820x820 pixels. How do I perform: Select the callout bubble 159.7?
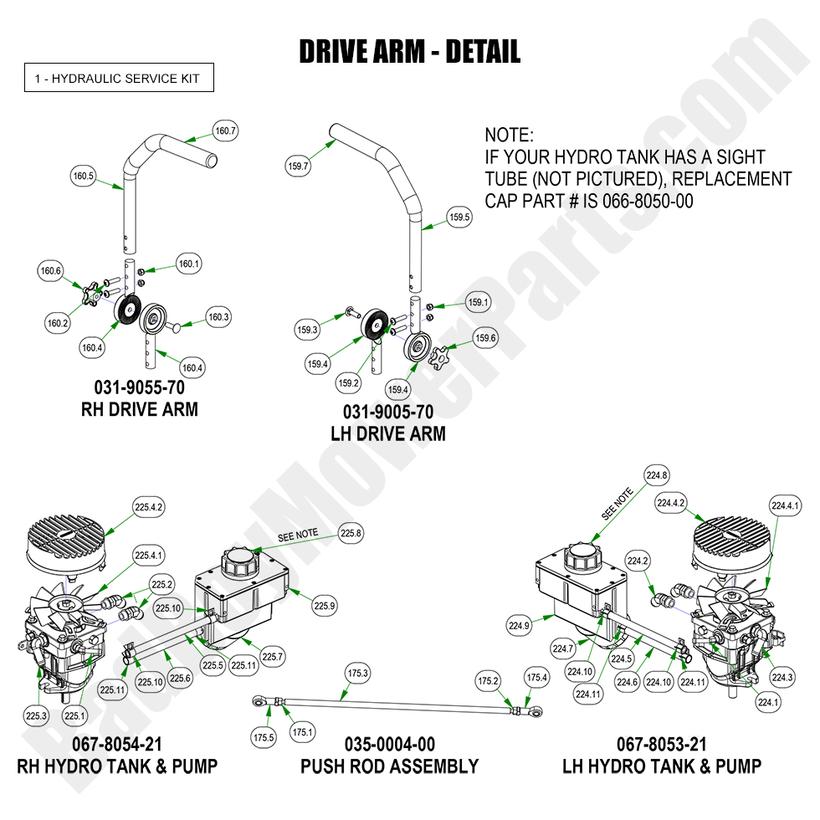(298, 167)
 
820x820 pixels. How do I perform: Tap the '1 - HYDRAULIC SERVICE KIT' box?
(118, 79)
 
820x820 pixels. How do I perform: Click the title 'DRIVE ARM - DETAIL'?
(410, 52)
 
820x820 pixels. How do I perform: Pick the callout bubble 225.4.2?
(148, 506)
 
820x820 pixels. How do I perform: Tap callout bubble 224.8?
(657, 476)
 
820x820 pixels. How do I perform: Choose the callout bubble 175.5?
(264, 737)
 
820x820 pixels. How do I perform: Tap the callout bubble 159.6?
(485, 339)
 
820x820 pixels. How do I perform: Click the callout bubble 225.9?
(325, 606)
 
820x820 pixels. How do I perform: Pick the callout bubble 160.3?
(218, 317)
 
